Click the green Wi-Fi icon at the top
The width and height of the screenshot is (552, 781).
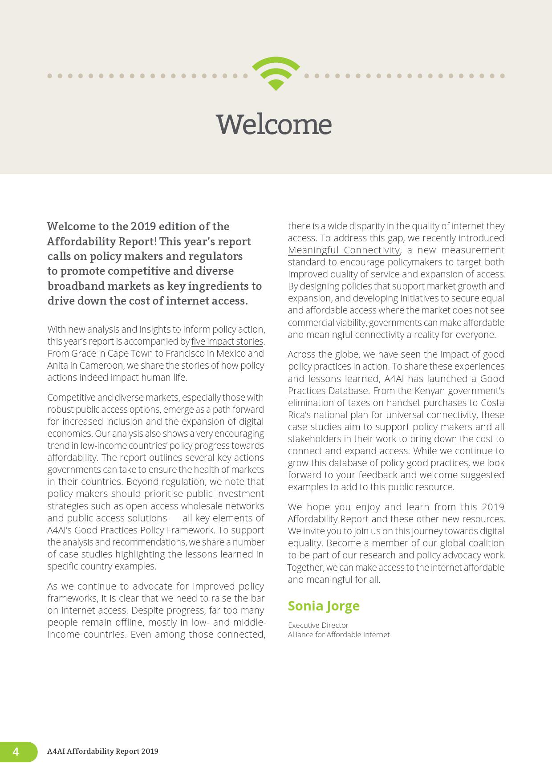coord(276,73)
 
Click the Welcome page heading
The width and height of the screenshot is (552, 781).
coord(274,124)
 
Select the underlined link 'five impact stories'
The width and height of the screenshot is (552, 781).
coord(227,342)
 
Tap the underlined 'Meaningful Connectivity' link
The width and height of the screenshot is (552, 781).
coord(344,250)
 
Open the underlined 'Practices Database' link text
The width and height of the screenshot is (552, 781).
coord(328,391)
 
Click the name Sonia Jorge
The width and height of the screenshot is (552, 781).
coord(324,606)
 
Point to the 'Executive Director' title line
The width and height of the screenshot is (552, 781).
coord(318,625)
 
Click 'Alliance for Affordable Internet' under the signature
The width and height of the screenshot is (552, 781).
coord(338,635)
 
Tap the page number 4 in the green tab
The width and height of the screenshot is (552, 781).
coord(16,752)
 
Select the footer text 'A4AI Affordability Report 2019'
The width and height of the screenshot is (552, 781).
coord(103,752)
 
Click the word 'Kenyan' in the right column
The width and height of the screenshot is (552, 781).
coord(430,391)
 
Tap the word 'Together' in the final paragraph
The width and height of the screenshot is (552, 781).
coord(305,568)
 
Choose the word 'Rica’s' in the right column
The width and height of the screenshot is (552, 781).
coord(301,415)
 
